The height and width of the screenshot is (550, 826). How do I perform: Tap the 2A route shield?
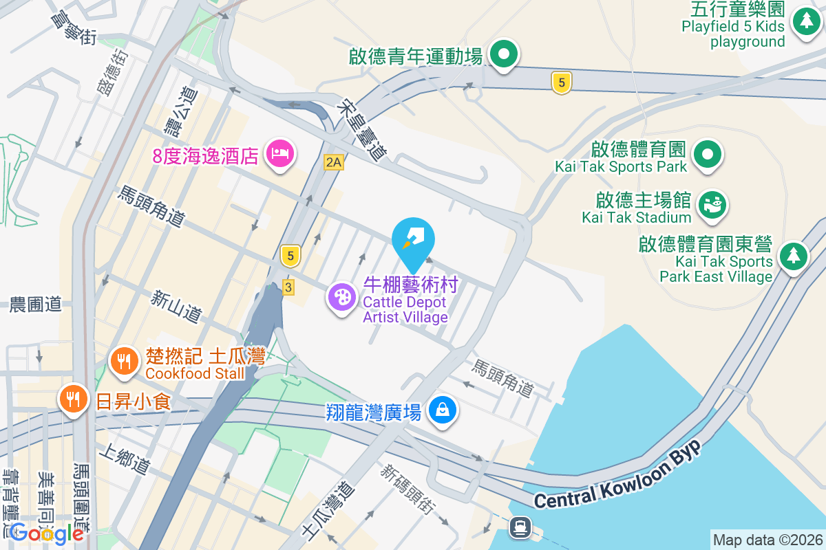pos(333,162)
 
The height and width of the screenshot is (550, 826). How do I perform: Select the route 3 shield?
pos(288,287)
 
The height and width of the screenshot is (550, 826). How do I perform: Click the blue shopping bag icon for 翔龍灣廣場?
pos(443,410)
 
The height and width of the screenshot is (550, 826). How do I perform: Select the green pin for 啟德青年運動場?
pos(504,53)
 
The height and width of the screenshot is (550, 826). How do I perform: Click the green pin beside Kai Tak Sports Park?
pos(707,153)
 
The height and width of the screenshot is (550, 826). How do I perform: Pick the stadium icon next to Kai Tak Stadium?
pos(712,204)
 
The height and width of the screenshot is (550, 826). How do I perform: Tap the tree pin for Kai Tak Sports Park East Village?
pos(794,256)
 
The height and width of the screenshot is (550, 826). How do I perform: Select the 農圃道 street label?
pos(36,305)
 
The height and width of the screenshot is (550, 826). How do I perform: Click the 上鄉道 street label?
pos(125,459)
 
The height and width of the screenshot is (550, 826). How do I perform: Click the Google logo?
pos(47,533)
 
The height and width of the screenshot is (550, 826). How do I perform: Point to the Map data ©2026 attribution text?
pos(767,540)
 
